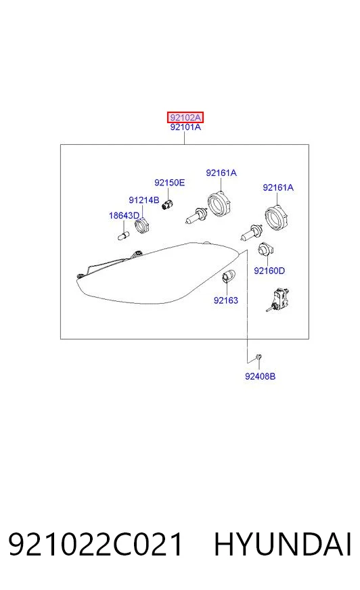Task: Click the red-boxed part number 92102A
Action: pos(185,118)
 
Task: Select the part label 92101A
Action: pos(185,127)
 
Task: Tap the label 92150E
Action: pos(169,183)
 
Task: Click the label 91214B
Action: pos(143,200)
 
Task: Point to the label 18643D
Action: pos(124,216)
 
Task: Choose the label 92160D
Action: pos(269,271)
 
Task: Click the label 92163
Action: pos(226,300)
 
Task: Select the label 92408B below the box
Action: pos(260,376)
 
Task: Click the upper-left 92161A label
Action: pos(221,173)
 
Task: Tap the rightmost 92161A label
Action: pos(278,188)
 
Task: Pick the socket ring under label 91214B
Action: pos(142,225)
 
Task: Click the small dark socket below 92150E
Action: pos(167,206)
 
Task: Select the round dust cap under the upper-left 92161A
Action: pos(219,204)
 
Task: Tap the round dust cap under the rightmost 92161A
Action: pos(277,218)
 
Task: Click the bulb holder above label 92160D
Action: pos(265,250)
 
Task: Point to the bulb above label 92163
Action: pos(228,276)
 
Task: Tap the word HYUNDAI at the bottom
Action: pos(282,545)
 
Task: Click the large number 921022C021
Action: pos(95,545)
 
